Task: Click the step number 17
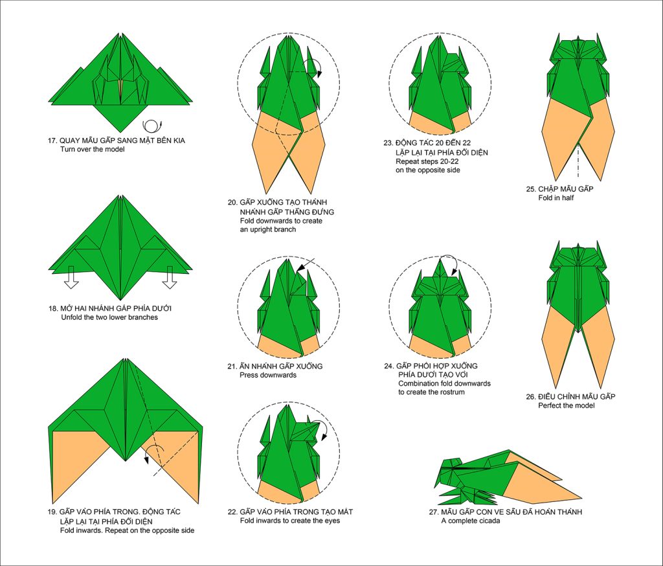tap(52, 141)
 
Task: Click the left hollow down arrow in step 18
tap(71, 277)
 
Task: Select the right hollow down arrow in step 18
tap(170, 277)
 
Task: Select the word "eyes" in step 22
tap(332, 521)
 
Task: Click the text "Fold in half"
tap(556, 198)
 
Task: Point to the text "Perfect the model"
tap(566, 405)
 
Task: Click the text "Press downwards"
tap(268, 375)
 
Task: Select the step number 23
tap(388, 143)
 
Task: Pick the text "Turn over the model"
tap(92, 150)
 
